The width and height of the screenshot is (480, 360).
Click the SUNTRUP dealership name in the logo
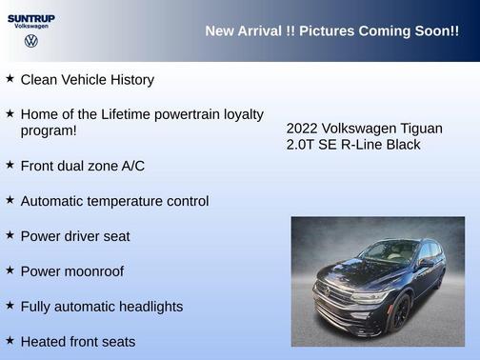[31, 17]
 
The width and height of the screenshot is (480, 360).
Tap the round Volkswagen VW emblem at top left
[31, 42]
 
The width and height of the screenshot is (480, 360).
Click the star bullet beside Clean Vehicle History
[10, 79]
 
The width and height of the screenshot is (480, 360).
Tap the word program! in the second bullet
[49, 130]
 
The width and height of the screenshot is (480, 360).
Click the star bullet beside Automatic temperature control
[10, 200]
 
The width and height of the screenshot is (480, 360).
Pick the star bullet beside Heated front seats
[10, 340]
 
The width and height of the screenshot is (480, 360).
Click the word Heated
[45, 341]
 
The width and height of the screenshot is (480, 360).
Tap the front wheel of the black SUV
[399, 311]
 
